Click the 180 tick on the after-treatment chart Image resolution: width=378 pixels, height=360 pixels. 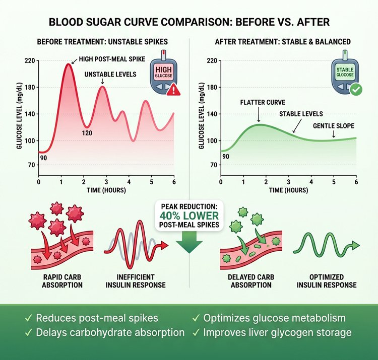[212, 88]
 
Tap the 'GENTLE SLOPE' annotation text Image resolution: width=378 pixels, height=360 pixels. [333, 125]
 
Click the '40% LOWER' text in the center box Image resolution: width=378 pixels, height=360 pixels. [188, 215]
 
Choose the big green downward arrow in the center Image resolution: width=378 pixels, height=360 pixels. [188, 244]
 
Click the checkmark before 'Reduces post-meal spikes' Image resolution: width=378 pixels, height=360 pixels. [29, 318]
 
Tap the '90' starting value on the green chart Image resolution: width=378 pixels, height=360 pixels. [226, 157]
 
